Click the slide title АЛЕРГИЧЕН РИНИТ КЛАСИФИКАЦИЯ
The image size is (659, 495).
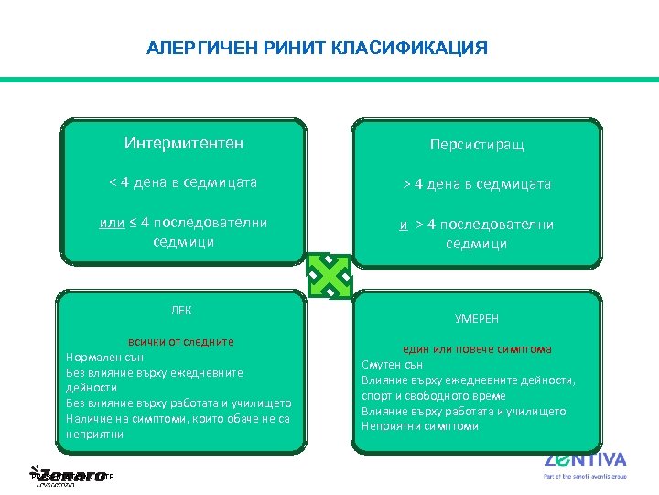(317, 48)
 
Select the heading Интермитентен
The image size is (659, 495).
(183, 143)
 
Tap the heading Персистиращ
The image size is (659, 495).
(477, 145)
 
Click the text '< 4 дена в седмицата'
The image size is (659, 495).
(183, 182)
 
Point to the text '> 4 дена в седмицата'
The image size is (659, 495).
(477, 184)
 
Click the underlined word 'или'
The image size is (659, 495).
(112, 223)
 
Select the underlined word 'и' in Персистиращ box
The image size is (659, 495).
(403, 225)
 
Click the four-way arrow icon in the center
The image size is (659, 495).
(329, 274)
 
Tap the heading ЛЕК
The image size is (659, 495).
(182, 310)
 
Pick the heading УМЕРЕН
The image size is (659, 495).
(477, 318)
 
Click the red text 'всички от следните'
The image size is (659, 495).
(181, 342)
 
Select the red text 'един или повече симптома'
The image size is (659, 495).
(477, 349)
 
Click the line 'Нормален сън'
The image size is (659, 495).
(105, 357)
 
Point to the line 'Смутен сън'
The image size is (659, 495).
(393, 365)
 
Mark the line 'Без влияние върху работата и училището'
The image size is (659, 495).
(178, 403)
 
